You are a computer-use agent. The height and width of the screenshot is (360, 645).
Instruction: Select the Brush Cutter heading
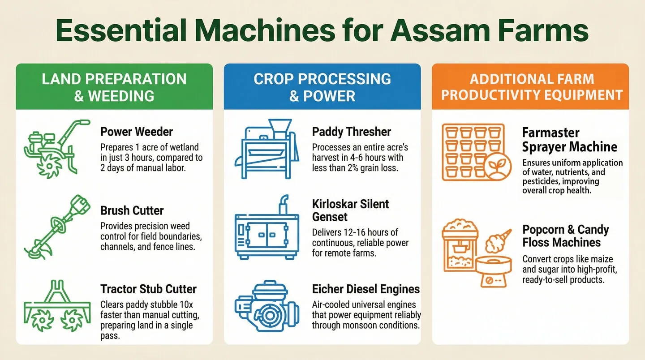[x=132, y=210]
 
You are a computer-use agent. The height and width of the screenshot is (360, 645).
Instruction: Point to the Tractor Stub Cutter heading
[x=148, y=289]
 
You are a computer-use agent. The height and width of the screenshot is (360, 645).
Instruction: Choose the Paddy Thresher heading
[x=351, y=132]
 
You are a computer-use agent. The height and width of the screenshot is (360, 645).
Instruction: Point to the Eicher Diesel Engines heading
[x=365, y=289]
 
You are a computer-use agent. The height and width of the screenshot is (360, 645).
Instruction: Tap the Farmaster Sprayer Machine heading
[x=569, y=140]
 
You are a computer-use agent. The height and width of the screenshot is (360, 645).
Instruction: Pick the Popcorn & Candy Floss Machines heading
[x=565, y=236]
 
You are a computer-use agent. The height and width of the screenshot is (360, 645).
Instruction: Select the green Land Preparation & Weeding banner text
[x=114, y=87]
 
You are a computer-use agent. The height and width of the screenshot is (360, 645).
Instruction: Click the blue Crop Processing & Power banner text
[x=322, y=87]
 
